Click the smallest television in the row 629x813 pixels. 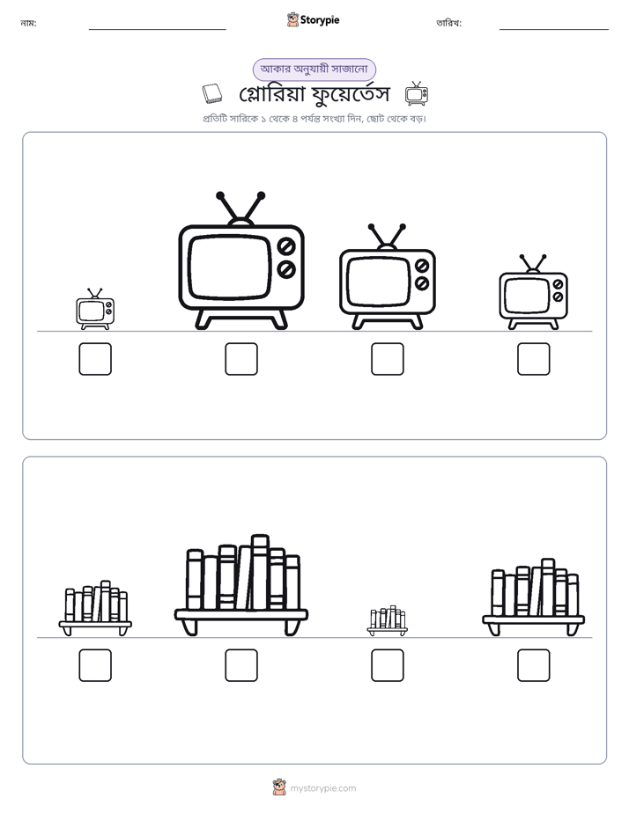coord(95,309)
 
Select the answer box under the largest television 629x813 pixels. coord(241,359)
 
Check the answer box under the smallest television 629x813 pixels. coord(95,359)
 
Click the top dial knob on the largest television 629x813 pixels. coord(286,246)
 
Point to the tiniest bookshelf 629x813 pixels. coord(387,620)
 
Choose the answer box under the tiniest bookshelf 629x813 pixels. coord(387,665)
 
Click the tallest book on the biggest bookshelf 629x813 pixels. coord(259,572)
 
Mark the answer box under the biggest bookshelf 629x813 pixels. coord(241,665)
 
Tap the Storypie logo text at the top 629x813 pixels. coord(320,20)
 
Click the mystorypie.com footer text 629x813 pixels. coord(322,788)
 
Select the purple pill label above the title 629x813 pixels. coord(314,69)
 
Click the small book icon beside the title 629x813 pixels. coord(211,94)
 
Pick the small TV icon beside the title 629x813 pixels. coord(416,93)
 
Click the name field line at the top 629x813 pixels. coord(157,30)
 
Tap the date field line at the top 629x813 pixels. coord(554,30)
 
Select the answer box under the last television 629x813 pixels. coord(534,359)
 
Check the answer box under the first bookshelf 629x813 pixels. coord(95,665)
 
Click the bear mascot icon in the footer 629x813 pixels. coord(279,787)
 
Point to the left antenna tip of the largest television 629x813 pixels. coord(220,195)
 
